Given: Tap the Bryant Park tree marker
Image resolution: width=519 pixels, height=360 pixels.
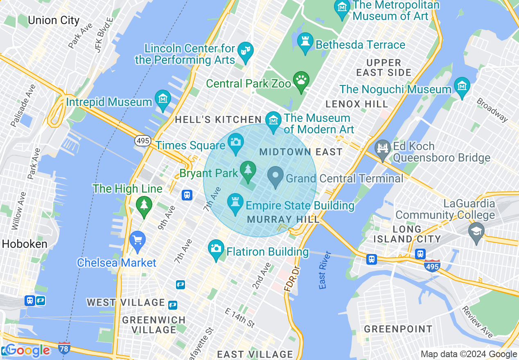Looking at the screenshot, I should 248,170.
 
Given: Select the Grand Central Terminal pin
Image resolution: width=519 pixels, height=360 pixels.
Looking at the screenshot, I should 275,176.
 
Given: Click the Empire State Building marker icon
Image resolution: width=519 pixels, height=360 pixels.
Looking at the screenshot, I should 235,202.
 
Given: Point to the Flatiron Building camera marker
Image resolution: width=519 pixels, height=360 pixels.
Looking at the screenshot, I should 216,249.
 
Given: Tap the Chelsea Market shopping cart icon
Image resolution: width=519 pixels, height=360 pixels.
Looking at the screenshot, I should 138,240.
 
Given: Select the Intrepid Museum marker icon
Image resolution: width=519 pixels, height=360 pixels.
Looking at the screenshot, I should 163,99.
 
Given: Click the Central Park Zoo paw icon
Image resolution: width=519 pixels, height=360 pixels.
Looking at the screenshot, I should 302,81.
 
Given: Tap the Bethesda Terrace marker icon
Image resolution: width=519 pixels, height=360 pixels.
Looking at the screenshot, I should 305,42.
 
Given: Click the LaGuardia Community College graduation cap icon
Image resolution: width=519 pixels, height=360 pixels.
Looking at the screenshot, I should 476,231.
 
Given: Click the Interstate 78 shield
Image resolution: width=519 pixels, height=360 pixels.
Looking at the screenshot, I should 64,347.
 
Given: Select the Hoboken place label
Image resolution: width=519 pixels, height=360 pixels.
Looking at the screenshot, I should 25,244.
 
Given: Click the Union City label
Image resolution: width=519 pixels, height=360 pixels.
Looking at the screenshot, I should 53,20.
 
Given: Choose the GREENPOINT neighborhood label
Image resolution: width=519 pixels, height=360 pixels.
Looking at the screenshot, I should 398,329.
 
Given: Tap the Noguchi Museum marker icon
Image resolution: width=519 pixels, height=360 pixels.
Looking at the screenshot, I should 462,86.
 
